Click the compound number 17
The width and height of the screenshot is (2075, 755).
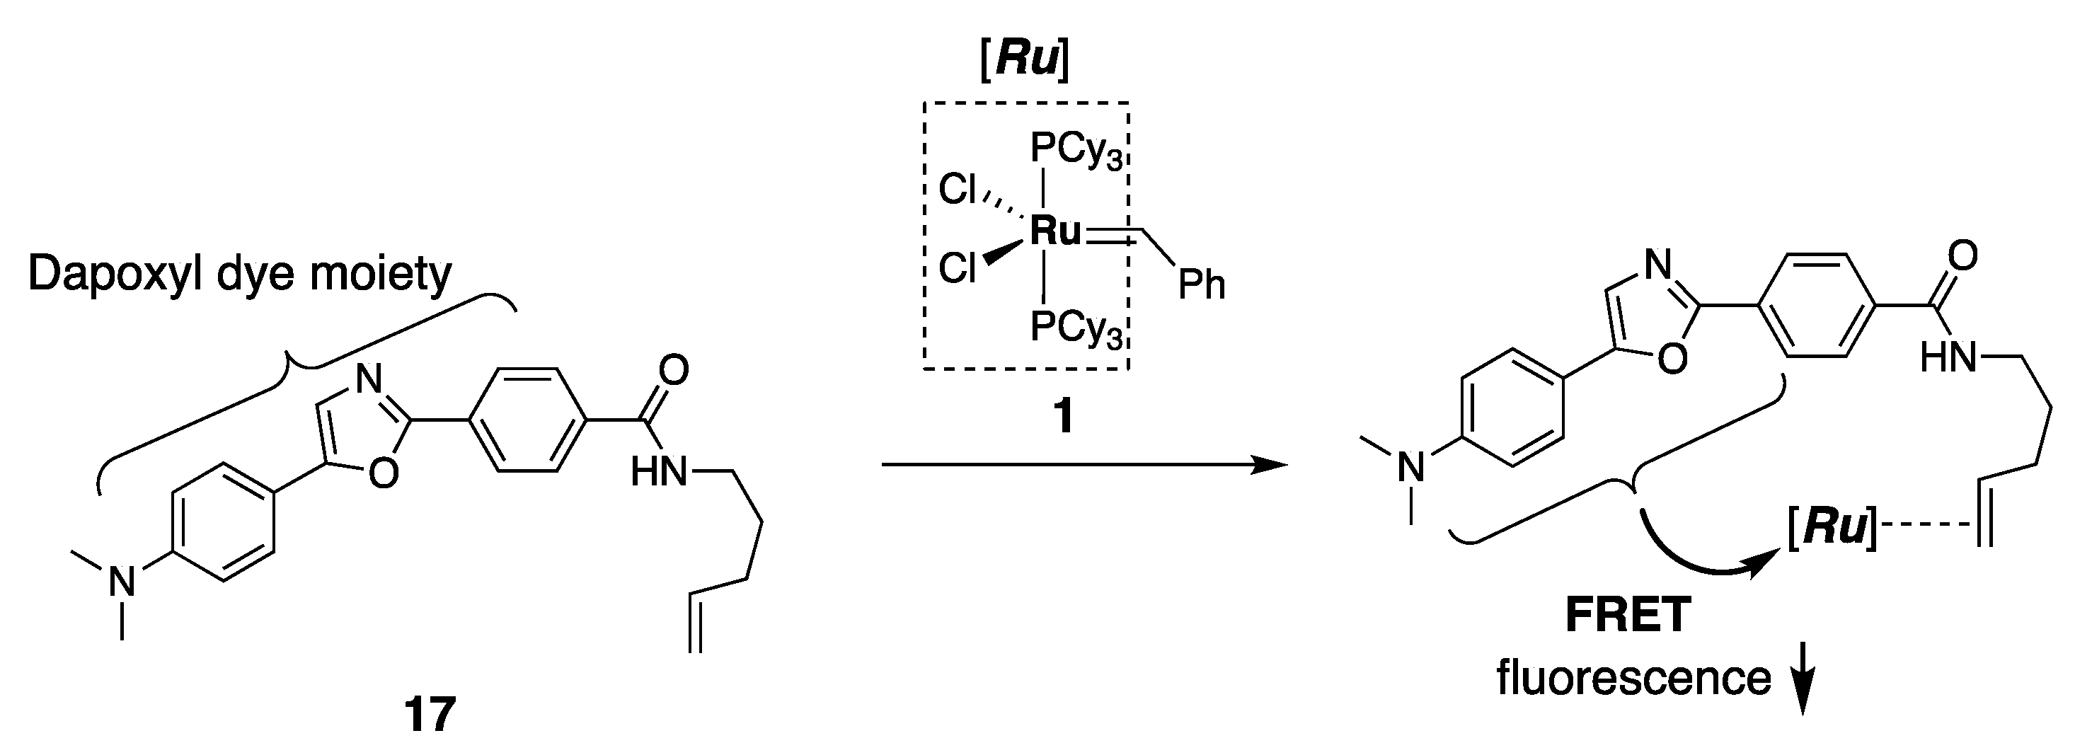point(430,715)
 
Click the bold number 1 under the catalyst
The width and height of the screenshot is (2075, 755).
point(1064,417)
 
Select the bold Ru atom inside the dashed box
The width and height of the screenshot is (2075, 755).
point(1055,231)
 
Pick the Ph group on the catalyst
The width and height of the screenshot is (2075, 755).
point(1201,284)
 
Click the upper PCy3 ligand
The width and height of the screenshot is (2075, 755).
point(1075,150)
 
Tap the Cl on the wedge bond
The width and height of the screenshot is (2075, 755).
point(958,267)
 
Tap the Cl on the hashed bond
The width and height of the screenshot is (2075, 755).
point(958,190)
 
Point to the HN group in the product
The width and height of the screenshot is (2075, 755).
point(1948,357)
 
